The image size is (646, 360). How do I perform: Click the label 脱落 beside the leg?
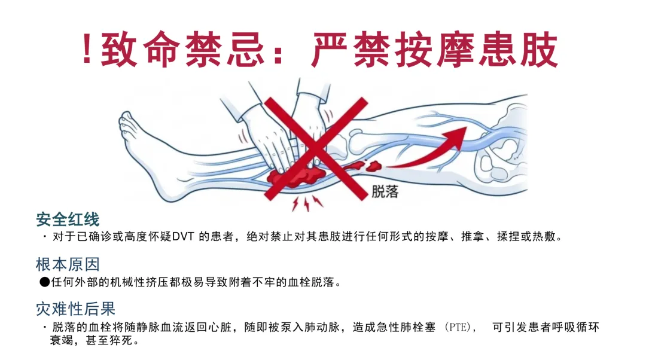385,191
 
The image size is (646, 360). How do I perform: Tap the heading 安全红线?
68,219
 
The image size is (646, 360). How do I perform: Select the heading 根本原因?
68,264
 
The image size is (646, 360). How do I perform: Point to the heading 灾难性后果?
75,309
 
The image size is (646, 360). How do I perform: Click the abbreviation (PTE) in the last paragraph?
458,328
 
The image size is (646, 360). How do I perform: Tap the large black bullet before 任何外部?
44,282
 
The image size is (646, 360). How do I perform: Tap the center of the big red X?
316,149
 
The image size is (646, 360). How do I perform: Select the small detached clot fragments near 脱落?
362,166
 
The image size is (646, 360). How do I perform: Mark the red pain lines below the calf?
307,203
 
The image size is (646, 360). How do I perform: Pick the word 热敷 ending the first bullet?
544,237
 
